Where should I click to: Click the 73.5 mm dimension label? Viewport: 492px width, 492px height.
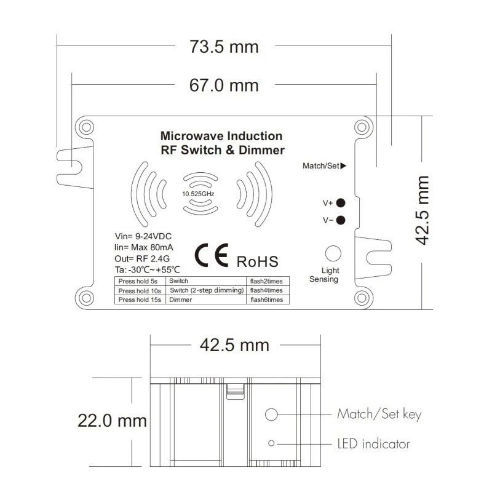tap(224, 47)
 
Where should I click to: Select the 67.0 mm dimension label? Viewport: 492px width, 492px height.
tap(224, 85)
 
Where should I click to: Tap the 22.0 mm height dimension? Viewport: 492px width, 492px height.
tap(113, 421)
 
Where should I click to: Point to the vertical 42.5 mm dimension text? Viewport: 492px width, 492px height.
tap(422, 210)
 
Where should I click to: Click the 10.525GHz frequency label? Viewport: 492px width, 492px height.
tap(198, 194)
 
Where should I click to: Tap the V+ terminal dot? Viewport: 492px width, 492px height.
tap(341, 203)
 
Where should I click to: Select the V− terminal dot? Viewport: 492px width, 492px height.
tap(341, 220)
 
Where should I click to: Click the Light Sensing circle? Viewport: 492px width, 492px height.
tap(333, 253)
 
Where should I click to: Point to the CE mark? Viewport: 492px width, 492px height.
tap(212, 255)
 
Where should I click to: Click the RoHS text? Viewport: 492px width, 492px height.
tap(257, 262)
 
